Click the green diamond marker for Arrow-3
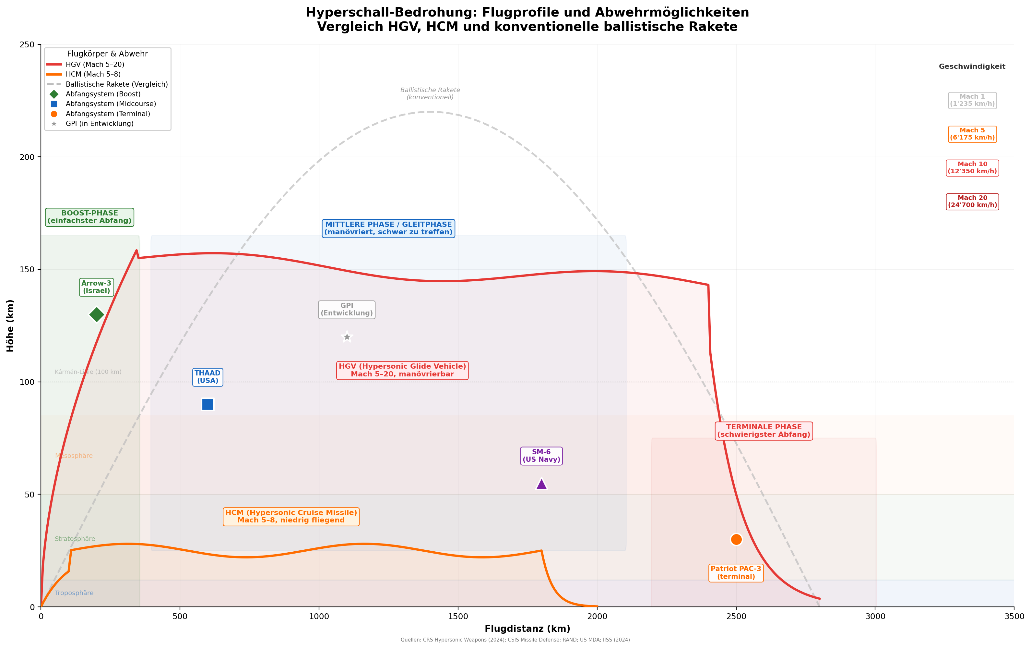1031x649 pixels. pyautogui.click(x=97, y=315)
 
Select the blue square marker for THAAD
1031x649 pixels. pyautogui.click(x=207, y=404)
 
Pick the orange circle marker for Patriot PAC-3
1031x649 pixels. pyautogui.click(x=736, y=539)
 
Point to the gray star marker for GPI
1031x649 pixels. pyautogui.click(x=347, y=337)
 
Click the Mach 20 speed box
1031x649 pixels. pyautogui.click(x=972, y=202)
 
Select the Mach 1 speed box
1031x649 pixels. pyautogui.click(x=972, y=100)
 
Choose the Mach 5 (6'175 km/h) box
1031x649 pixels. pyautogui.click(x=972, y=134)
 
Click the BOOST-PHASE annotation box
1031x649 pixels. pyautogui.click(x=89, y=217)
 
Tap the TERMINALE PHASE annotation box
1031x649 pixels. pyautogui.click(x=764, y=431)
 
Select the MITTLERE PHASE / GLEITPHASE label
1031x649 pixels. pyautogui.click(x=388, y=228)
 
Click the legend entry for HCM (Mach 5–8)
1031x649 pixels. pyautogui.click(x=93, y=75)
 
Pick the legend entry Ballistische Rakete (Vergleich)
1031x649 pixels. pyautogui.click(x=116, y=84)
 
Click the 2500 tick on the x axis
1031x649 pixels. pyautogui.click(x=736, y=617)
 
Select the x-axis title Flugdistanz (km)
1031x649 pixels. pyautogui.click(x=527, y=629)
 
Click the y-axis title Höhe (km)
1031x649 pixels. pyautogui.click(x=10, y=326)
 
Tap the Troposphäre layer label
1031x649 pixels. pyautogui.click(x=74, y=593)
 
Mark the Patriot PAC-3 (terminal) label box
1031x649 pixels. pyautogui.click(x=736, y=573)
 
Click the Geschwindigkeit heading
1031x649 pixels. pyautogui.click(x=972, y=67)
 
